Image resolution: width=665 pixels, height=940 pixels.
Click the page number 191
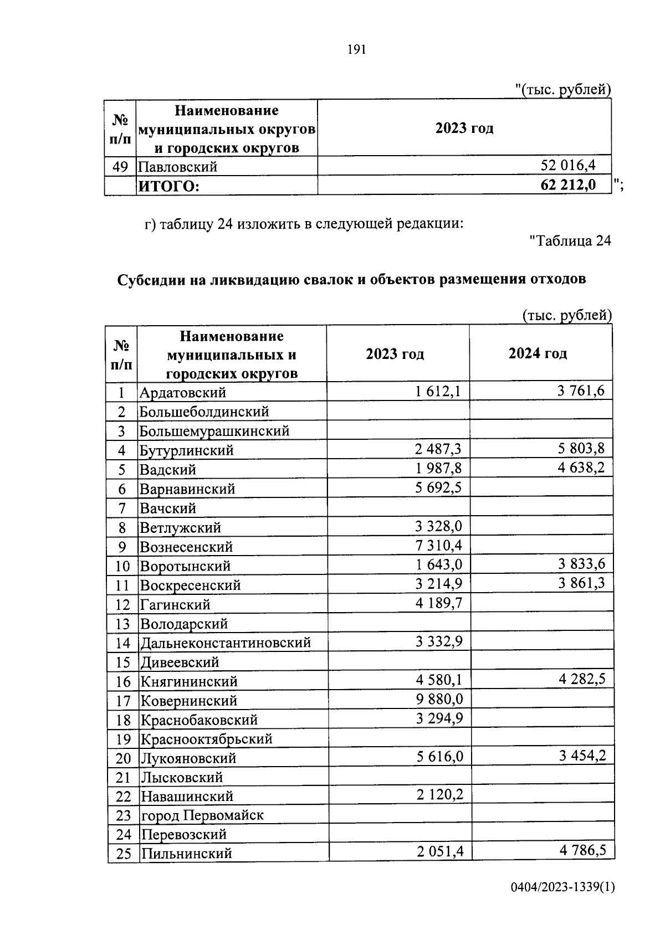pos(357,50)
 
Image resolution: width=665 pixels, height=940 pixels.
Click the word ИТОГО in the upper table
pos(168,186)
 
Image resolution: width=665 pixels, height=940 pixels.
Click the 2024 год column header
pos(538,353)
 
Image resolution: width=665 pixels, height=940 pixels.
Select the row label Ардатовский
pos(183,392)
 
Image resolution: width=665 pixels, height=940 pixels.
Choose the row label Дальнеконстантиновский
pos(225,643)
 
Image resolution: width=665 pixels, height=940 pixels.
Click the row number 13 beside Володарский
pos(122,624)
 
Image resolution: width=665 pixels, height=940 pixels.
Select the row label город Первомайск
pos(202,815)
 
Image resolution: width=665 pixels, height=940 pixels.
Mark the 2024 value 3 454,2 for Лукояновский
pos(582,756)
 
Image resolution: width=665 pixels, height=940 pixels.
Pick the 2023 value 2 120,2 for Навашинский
pos(439,795)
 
